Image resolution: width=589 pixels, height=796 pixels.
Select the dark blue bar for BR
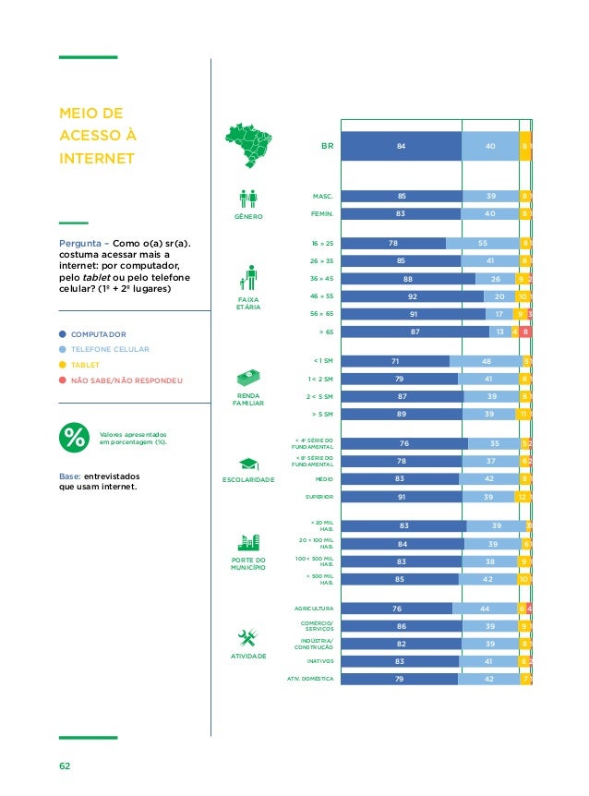coord(401,146)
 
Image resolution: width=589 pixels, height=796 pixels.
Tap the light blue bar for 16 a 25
coord(482,243)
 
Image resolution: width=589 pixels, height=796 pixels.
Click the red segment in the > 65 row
coord(525,332)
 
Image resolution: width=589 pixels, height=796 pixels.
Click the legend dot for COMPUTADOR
coord(63,334)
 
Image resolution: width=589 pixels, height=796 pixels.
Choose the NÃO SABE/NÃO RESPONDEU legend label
coord(127,380)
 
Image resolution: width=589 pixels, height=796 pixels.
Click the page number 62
coord(65,766)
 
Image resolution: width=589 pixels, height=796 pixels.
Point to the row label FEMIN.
coord(321,213)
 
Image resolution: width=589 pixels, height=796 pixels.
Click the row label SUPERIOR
coord(319,497)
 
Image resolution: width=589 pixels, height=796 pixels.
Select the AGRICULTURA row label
coord(314,609)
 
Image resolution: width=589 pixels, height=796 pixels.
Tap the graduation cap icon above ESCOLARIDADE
coord(248,464)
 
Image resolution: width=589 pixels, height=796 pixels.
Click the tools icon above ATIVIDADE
coord(247,638)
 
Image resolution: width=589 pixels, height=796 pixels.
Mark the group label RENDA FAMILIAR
coord(248,400)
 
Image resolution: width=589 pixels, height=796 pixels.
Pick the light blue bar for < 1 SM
coord(486,361)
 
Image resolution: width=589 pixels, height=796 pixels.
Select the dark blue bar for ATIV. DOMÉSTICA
coord(399,680)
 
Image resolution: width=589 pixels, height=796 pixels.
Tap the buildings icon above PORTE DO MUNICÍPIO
coord(248,543)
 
